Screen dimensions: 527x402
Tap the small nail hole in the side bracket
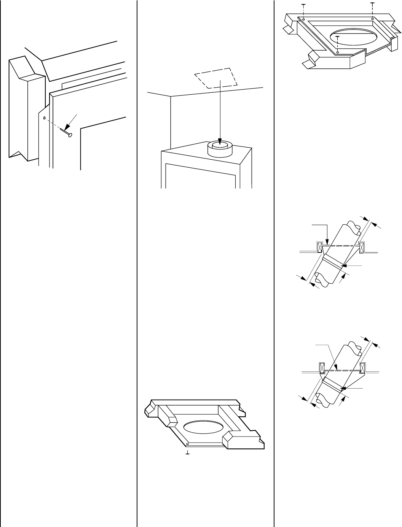pos(45,118)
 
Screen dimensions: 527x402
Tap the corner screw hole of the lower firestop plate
pos(188,444)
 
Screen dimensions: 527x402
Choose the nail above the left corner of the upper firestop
pos(303,4)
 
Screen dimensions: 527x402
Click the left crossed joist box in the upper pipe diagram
pos(320,248)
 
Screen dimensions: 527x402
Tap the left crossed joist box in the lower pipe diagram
pos(322,368)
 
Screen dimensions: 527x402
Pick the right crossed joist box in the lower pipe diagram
pos(362,368)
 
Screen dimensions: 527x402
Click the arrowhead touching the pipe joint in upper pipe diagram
pos(343,265)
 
